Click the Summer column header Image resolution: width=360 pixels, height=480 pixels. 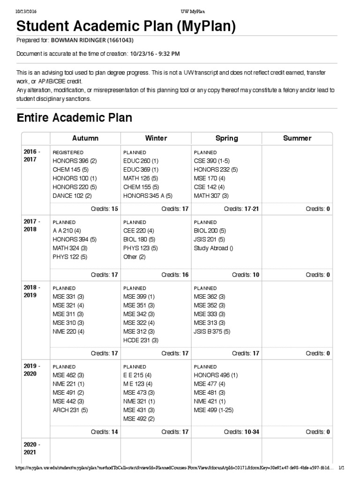point(297,138)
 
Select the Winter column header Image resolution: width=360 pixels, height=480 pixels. point(156,138)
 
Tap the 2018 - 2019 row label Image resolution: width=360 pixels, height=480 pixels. point(32,292)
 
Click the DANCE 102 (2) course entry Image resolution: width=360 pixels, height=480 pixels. point(72,196)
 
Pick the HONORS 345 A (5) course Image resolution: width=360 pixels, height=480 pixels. point(148,196)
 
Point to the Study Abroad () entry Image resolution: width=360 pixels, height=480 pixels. point(213,248)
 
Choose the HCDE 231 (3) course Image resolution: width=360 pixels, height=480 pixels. point(141,340)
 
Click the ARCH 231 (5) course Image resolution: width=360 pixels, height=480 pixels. point(70,410)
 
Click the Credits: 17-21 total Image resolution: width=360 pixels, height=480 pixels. point(241,209)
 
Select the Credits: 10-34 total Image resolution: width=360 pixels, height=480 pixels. point(241,432)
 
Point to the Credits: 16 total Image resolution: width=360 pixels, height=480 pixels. point(175,275)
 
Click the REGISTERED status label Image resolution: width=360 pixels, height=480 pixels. point(68,152)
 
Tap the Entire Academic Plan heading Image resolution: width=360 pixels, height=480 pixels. point(74,118)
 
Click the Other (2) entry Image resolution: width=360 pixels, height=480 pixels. point(135,257)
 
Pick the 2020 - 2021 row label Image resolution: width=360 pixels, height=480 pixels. point(32,448)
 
